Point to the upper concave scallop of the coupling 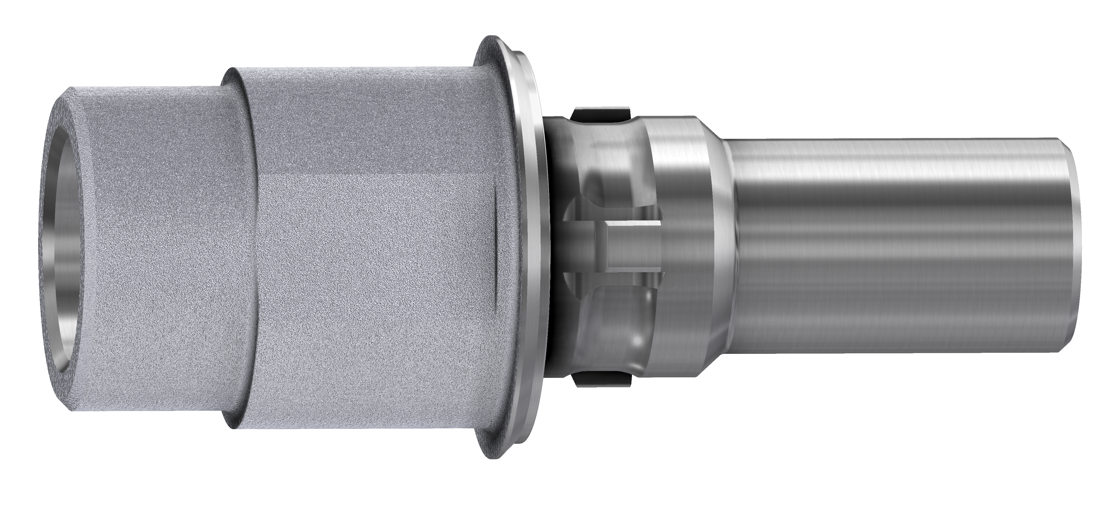pyautogui.click(x=604, y=160)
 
